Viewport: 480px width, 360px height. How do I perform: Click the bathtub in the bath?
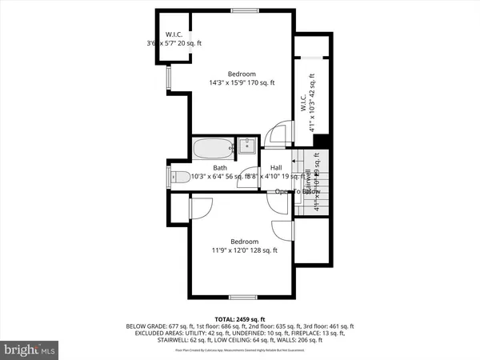213,147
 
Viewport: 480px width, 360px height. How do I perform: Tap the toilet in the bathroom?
180,177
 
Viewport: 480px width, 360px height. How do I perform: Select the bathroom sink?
248,146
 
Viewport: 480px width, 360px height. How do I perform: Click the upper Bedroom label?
242,74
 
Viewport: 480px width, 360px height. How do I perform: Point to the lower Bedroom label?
244,242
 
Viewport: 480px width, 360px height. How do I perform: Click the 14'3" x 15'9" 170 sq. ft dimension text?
242,82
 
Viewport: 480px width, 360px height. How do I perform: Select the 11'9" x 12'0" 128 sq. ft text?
244,250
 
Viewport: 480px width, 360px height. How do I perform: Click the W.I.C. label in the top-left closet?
174,34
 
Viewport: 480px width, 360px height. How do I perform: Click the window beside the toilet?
169,177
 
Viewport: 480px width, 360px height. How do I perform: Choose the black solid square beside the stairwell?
321,142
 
